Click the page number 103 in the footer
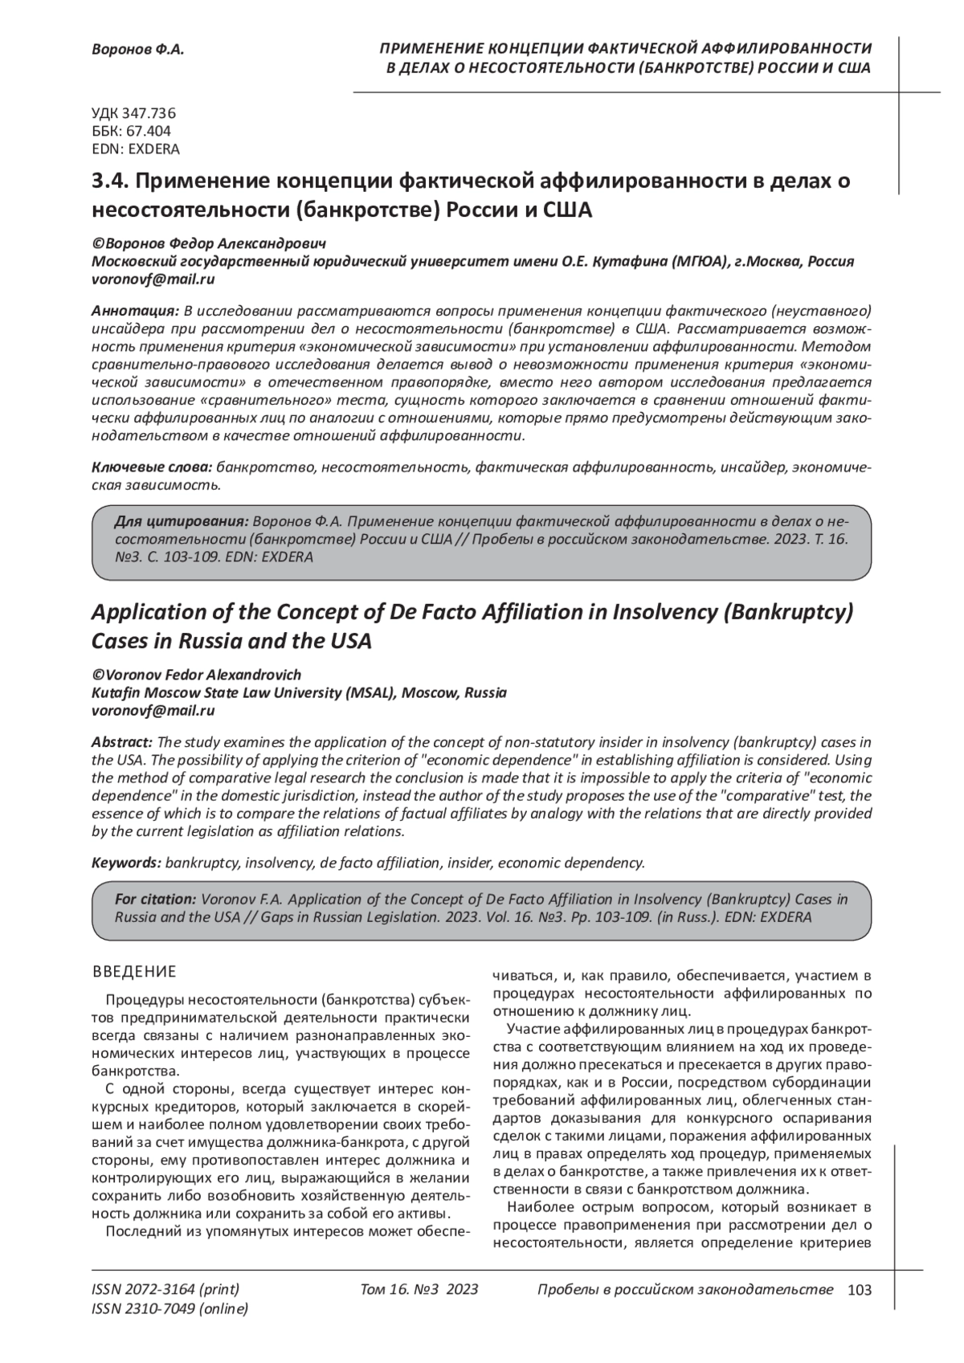(859, 1290)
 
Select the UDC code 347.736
(134, 113)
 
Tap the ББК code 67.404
(132, 131)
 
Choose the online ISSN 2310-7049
(170, 1308)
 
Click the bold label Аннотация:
(136, 310)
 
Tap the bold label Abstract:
(122, 741)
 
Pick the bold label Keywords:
(127, 863)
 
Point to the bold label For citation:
(155, 899)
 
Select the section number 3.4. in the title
(110, 182)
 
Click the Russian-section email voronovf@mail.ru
(153, 280)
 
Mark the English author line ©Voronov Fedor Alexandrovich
(197, 675)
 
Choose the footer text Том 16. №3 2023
(419, 1290)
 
